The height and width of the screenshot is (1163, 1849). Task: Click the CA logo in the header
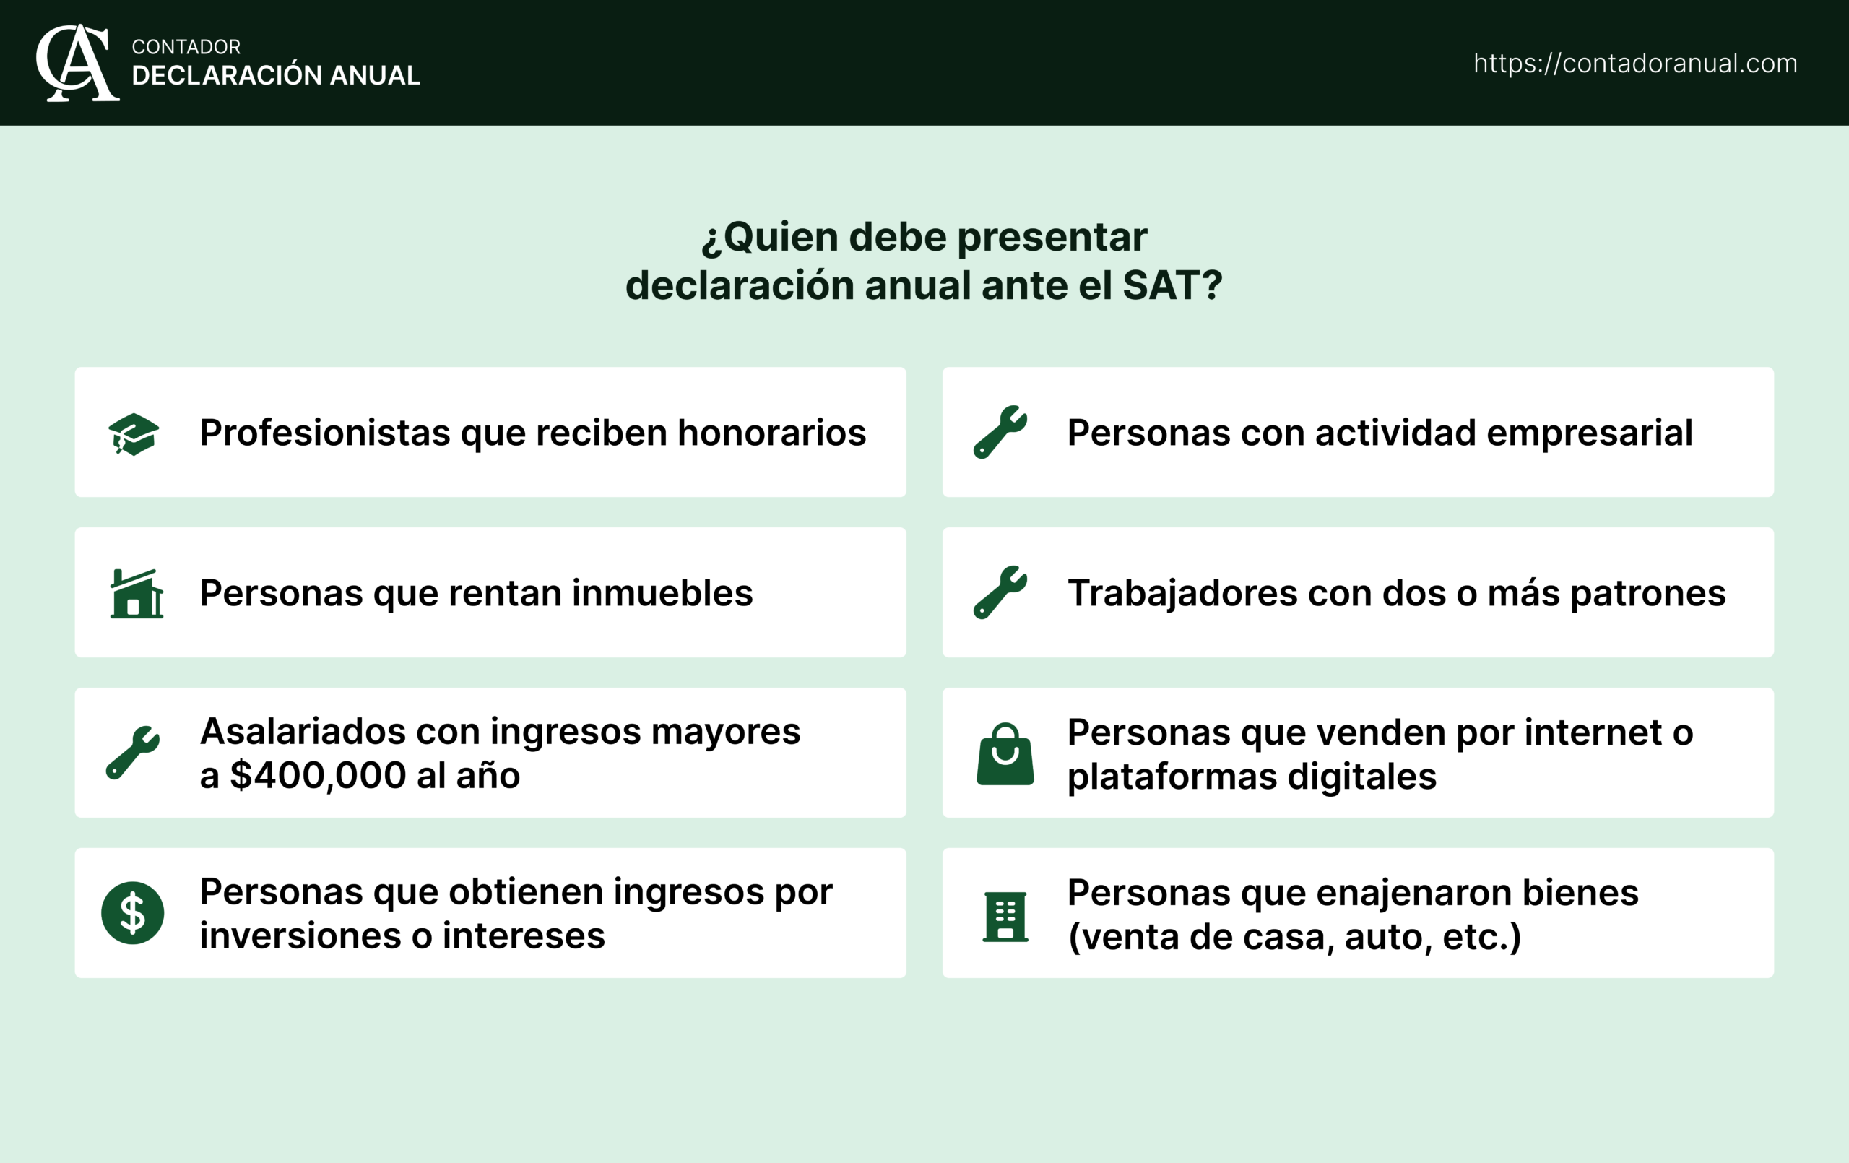click(x=77, y=63)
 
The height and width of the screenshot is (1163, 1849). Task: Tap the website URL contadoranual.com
click(x=1634, y=63)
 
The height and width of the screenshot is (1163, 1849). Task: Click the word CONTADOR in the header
click(x=186, y=47)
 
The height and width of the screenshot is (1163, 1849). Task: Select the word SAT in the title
click(x=1161, y=286)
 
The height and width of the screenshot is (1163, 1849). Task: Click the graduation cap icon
click(x=134, y=434)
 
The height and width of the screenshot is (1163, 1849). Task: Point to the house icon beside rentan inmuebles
click(x=136, y=594)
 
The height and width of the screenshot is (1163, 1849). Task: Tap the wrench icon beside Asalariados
click(x=133, y=753)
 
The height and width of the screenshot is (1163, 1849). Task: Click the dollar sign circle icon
click(x=133, y=912)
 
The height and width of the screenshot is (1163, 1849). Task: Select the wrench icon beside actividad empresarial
click(x=1000, y=433)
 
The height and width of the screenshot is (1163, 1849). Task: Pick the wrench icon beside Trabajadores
click(x=1000, y=592)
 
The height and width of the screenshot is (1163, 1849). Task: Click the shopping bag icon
click(x=1005, y=754)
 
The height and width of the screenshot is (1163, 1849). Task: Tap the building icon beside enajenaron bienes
click(x=1005, y=917)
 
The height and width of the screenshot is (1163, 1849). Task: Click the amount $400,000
click(x=318, y=776)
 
